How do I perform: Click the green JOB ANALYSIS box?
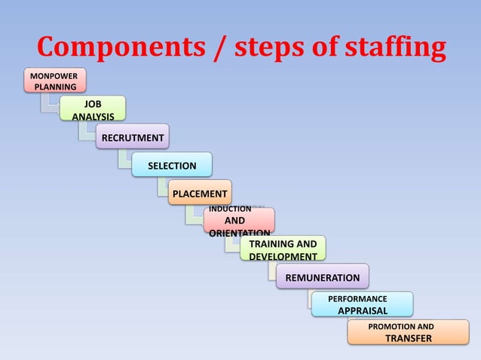point(93,109)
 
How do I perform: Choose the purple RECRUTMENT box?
point(133,137)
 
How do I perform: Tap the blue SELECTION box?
point(172,165)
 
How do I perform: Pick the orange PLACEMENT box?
point(200,194)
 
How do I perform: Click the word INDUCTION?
point(230,209)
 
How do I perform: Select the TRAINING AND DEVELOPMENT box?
point(283,249)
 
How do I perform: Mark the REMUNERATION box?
point(322,277)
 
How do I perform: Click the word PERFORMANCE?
point(358,299)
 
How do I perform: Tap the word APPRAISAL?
point(362,310)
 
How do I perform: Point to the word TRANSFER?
point(408,338)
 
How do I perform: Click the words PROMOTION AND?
point(400,327)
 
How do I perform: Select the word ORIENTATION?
point(239,233)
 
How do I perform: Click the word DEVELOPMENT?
point(283,256)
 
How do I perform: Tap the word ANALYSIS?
point(93,116)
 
